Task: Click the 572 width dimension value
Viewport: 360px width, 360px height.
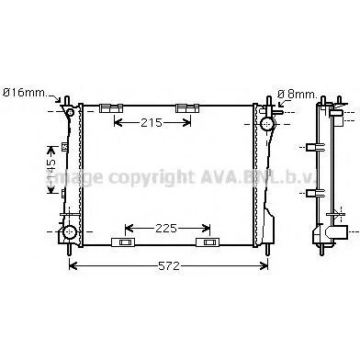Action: [x=169, y=266]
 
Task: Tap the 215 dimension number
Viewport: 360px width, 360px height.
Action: [x=152, y=123]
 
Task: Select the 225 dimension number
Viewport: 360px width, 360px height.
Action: [x=166, y=228]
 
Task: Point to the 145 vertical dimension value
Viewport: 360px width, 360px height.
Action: [x=51, y=170]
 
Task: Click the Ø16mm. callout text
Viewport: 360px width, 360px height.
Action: [x=25, y=93]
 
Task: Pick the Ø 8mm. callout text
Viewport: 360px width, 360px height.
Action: [x=297, y=95]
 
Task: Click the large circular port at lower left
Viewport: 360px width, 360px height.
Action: [x=70, y=231]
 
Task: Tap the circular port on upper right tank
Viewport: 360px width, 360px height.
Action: [x=268, y=124]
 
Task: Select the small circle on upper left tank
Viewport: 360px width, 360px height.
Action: [x=71, y=113]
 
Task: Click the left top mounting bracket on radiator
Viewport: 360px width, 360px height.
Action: [x=111, y=108]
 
